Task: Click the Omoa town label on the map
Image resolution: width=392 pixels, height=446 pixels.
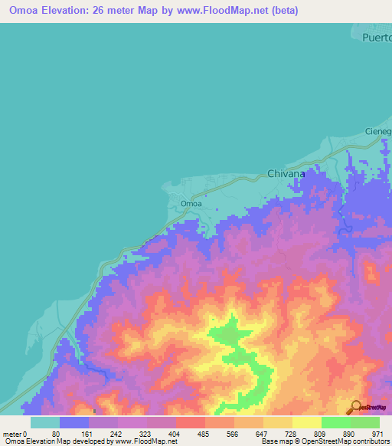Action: pos(191,203)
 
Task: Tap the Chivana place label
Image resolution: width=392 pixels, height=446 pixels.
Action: pos(286,174)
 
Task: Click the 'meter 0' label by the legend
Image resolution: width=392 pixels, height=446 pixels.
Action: pos(15,433)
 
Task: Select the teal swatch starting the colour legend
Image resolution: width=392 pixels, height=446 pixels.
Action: pos(44,422)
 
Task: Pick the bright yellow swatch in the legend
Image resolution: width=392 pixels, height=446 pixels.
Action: pos(306,422)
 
